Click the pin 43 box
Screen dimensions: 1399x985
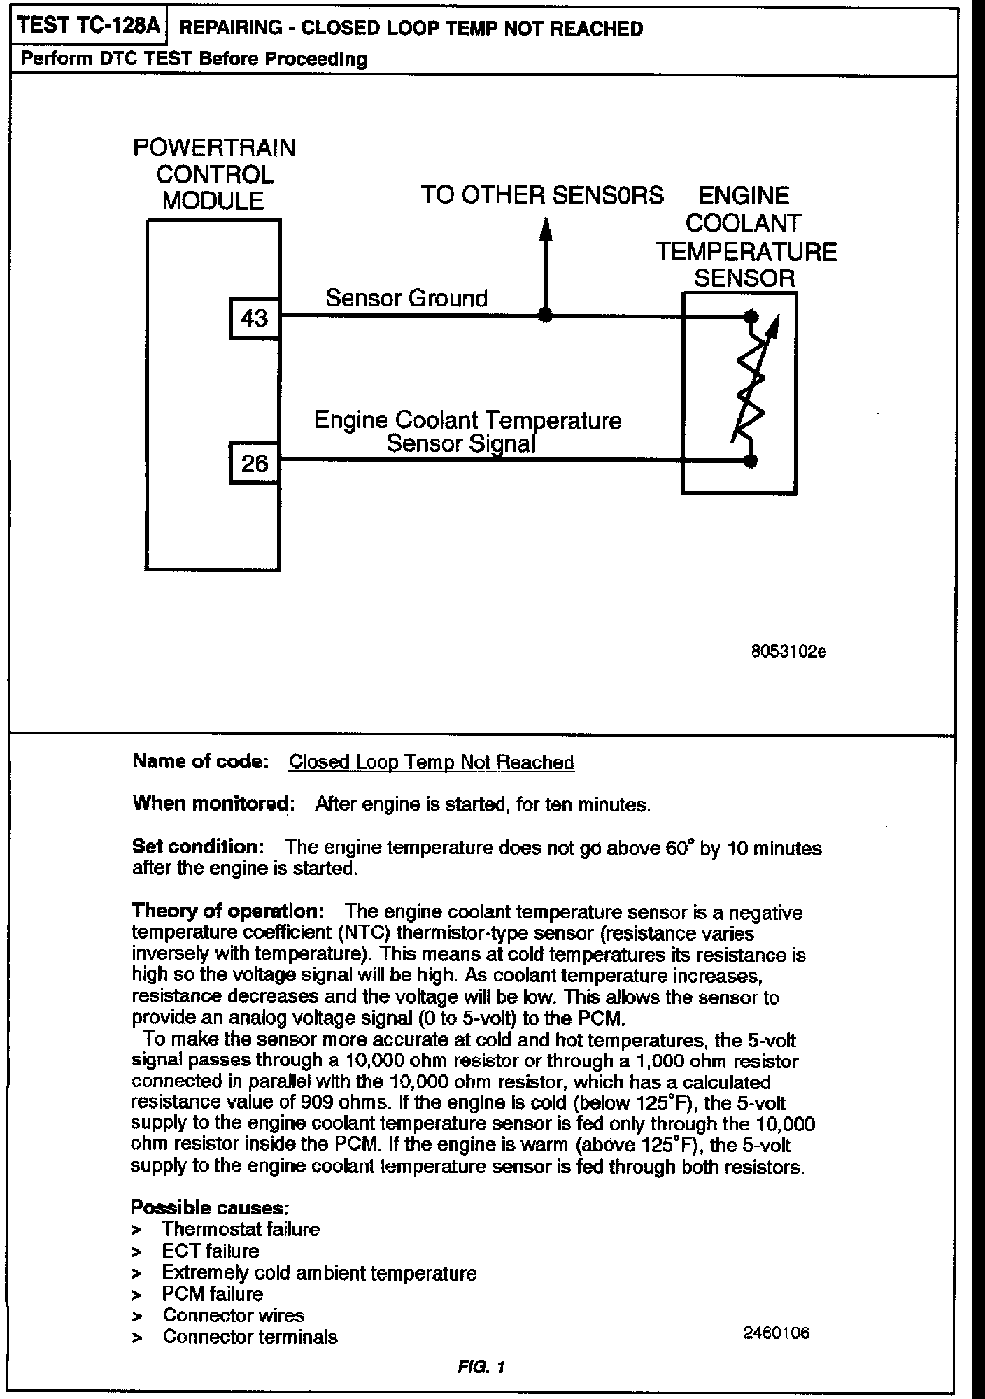tap(254, 319)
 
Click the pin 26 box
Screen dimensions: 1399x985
tap(254, 463)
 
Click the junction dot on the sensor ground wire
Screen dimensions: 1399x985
tap(546, 315)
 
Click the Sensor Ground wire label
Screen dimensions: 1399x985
tap(406, 299)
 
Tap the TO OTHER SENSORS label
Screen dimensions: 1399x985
tap(542, 195)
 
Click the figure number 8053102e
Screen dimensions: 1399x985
tap(788, 652)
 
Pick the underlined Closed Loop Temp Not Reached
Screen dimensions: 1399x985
tap(431, 762)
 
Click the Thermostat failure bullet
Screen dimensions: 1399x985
tap(241, 1229)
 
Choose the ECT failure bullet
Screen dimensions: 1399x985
tap(211, 1251)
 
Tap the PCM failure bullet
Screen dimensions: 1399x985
tap(213, 1293)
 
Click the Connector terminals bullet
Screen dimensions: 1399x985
tap(250, 1337)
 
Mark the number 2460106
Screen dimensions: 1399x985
tap(777, 1333)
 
